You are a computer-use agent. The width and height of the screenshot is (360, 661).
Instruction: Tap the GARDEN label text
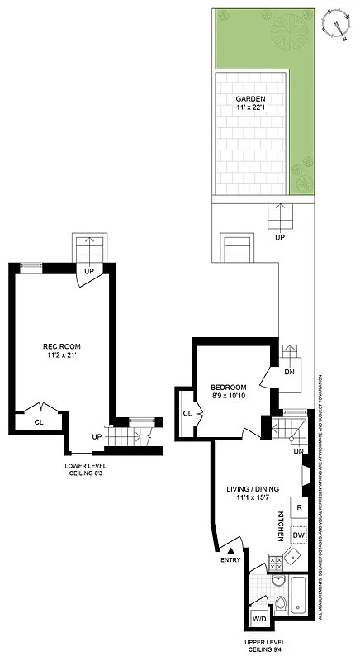pos(250,100)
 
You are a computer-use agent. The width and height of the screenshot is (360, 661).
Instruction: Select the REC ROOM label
pos(62,346)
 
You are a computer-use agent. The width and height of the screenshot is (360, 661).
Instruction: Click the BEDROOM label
pos(228,388)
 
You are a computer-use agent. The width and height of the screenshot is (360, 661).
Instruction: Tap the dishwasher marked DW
pos(299,536)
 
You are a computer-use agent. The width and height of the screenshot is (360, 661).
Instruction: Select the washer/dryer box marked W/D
pos(258,618)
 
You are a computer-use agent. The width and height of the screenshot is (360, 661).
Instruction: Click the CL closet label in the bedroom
pos(187,413)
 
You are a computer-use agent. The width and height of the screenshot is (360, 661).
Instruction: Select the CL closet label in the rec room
pos(39,421)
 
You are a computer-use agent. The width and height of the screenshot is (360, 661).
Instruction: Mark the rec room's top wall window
pos(31,265)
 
